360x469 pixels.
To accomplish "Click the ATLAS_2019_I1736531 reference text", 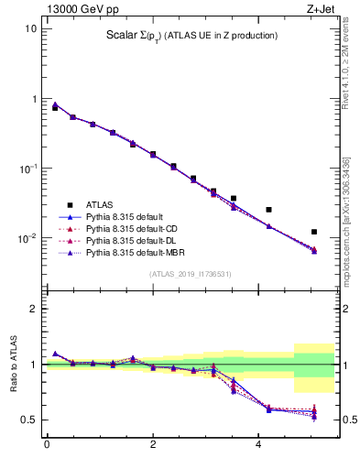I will [x=190, y=274].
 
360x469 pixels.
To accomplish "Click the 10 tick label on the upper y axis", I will [x=30, y=28].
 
